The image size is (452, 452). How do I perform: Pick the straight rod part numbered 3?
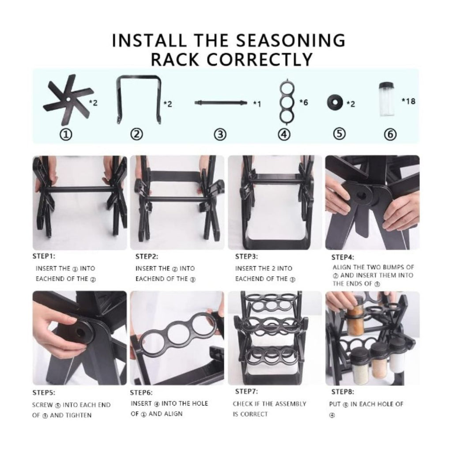click(x=220, y=103)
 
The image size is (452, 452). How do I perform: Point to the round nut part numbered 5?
click(x=335, y=103)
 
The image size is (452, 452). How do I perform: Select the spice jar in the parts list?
click(x=387, y=99)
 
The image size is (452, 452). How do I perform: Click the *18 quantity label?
click(x=408, y=101)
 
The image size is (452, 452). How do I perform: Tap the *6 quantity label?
click(x=303, y=102)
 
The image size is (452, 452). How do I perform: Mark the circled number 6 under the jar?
click(x=390, y=135)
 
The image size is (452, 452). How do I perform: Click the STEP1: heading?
click(x=44, y=256)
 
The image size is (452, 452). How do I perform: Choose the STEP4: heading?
click(x=343, y=257)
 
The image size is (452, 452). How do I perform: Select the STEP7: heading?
click(x=246, y=391)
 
